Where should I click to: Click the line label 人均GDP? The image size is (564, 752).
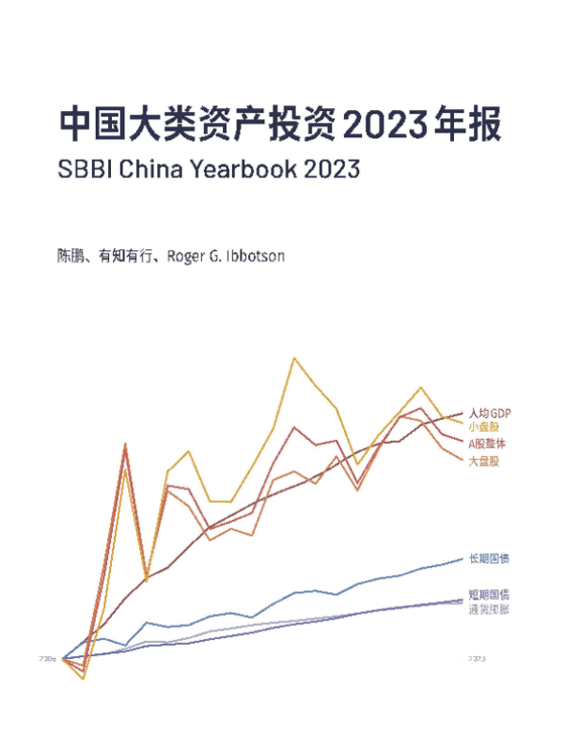pos(489,413)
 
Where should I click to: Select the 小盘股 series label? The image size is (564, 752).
pos(484,427)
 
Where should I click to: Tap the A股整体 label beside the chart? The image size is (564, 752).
pos(487,443)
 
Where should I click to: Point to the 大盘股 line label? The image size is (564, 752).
pos(484,462)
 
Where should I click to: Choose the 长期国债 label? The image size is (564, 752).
pos(489,559)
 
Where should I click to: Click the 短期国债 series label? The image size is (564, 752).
pos(489,594)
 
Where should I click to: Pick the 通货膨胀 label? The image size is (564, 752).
pos(489,608)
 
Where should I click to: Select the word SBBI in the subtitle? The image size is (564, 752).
pos(83,171)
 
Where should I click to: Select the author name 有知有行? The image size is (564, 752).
pos(125,256)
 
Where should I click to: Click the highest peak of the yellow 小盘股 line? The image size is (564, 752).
pos(294,358)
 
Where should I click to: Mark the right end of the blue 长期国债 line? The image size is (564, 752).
pos(462,558)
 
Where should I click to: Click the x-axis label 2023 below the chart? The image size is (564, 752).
pos(477,659)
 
